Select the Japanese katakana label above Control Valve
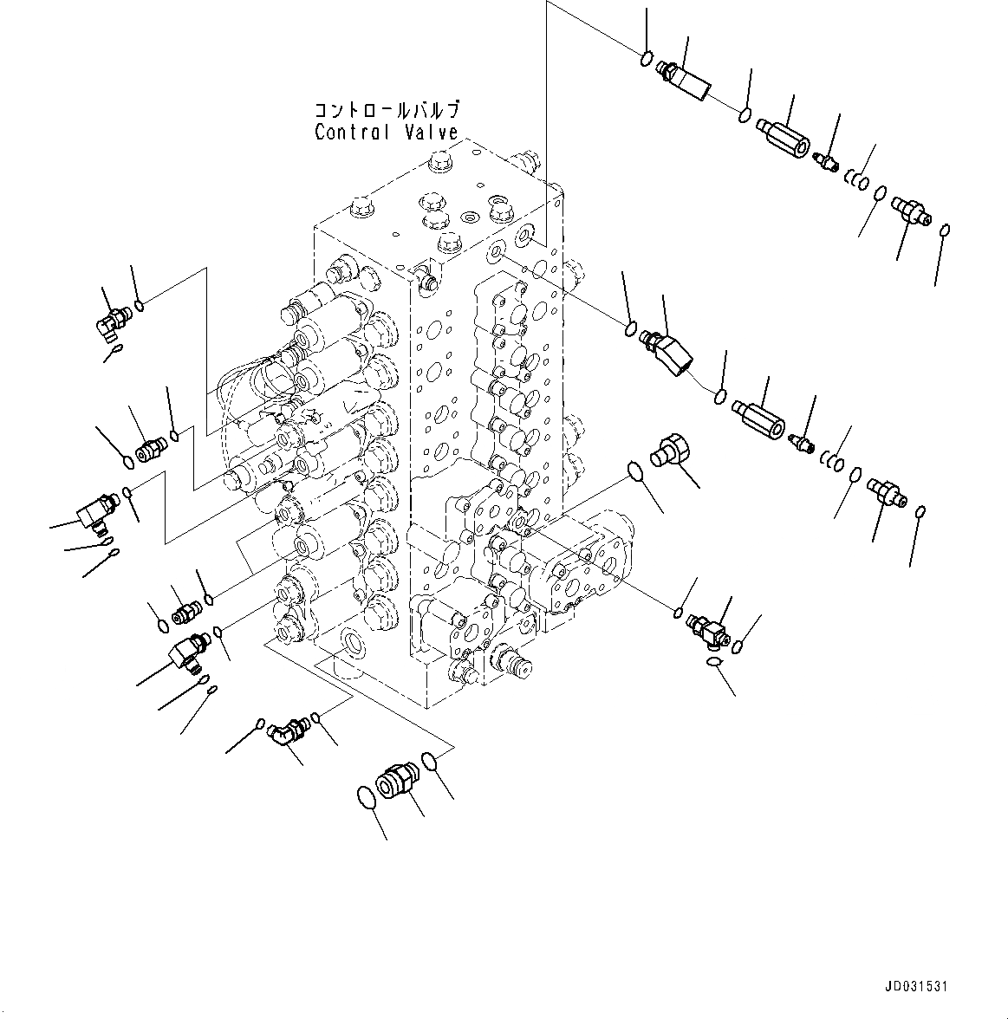coord(387,111)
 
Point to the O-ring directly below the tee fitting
coord(712,663)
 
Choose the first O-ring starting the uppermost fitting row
coord(646,59)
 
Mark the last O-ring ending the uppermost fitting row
coord(946,230)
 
